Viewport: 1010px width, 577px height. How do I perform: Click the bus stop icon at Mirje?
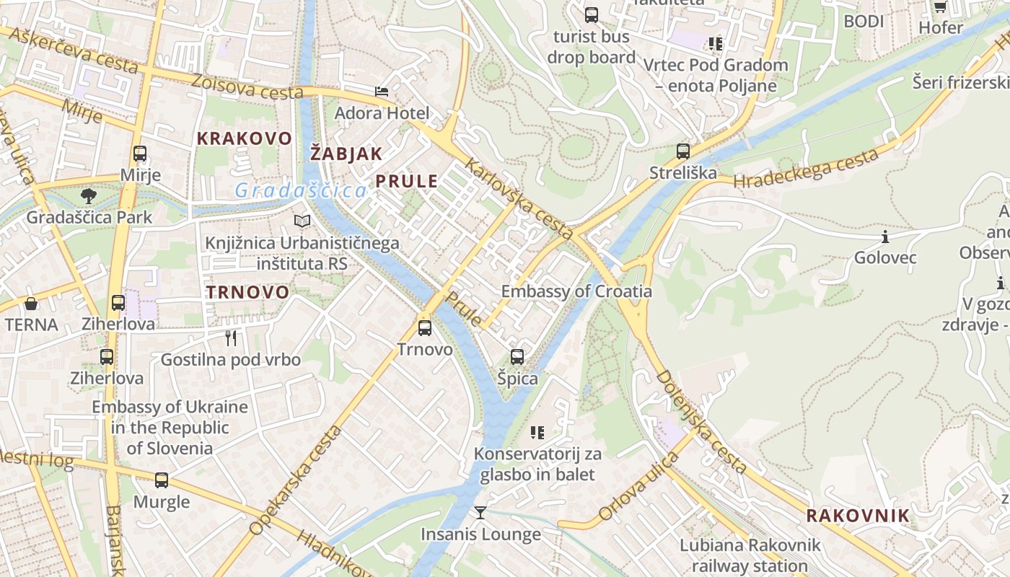[140, 154]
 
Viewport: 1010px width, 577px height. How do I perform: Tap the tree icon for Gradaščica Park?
[89, 195]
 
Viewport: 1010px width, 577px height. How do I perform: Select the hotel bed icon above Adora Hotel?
[381, 92]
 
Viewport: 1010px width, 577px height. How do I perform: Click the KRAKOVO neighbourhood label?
[245, 138]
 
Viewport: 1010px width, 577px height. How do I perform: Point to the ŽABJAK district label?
[346, 153]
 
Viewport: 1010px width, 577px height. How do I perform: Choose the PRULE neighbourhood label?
[407, 181]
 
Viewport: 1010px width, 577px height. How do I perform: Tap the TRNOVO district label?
[247, 292]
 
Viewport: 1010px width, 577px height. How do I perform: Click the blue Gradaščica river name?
[301, 191]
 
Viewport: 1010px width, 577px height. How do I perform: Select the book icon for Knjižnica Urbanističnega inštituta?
[302, 221]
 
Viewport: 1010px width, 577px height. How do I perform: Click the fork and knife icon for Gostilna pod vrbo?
[231, 338]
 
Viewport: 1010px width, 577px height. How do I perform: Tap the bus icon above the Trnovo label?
[425, 328]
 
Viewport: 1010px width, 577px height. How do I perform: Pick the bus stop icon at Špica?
[517, 356]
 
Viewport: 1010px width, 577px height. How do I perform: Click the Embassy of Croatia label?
[576, 291]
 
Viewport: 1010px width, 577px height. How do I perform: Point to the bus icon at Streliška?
[682, 151]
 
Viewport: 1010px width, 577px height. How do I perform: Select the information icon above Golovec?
[884, 237]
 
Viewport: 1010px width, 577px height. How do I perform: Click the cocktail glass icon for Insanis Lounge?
[480, 513]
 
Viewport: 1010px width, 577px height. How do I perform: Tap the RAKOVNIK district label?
[858, 516]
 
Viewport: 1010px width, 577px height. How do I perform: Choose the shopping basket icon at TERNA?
[31, 304]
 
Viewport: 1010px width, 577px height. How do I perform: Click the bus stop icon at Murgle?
[162, 480]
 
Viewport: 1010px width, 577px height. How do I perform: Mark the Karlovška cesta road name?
[519, 199]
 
